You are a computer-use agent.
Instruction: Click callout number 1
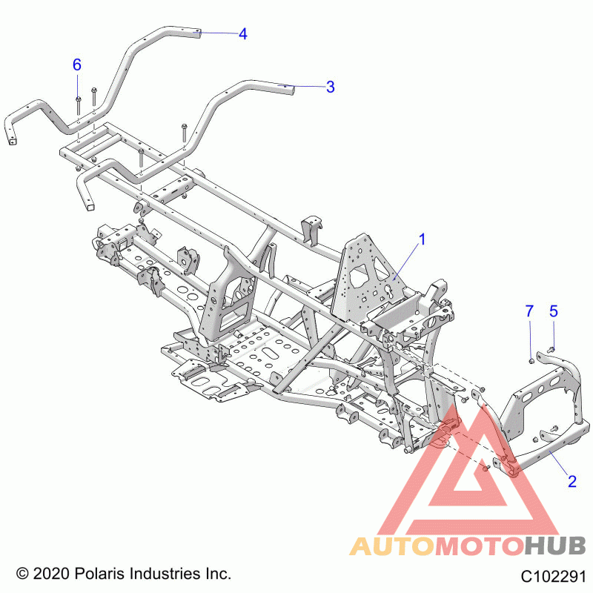(x=422, y=239)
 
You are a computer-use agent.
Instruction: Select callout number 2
(x=572, y=481)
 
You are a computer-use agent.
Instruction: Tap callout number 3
(x=330, y=87)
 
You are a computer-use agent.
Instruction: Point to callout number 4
(x=243, y=34)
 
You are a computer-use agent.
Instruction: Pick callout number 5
(x=553, y=311)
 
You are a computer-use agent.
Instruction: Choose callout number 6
(x=77, y=64)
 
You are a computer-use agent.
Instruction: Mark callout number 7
(x=529, y=311)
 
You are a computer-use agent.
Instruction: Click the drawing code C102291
(x=553, y=577)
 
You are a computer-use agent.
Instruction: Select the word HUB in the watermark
(x=555, y=546)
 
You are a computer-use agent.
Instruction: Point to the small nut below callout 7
(x=531, y=362)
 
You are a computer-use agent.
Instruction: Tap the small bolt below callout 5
(x=551, y=349)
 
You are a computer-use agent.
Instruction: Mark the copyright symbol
(x=22, y=574)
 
